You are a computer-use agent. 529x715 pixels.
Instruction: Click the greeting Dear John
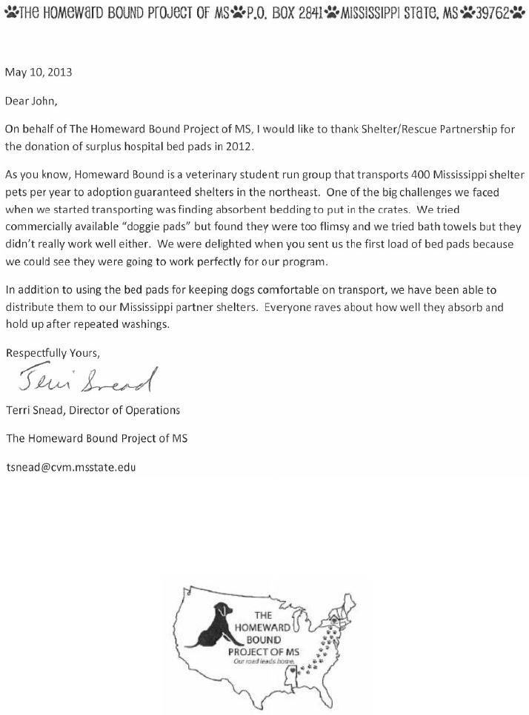point(34,100)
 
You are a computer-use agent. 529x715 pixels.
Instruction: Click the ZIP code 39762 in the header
point(495,12)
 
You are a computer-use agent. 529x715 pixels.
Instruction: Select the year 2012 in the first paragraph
point(239,146)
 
